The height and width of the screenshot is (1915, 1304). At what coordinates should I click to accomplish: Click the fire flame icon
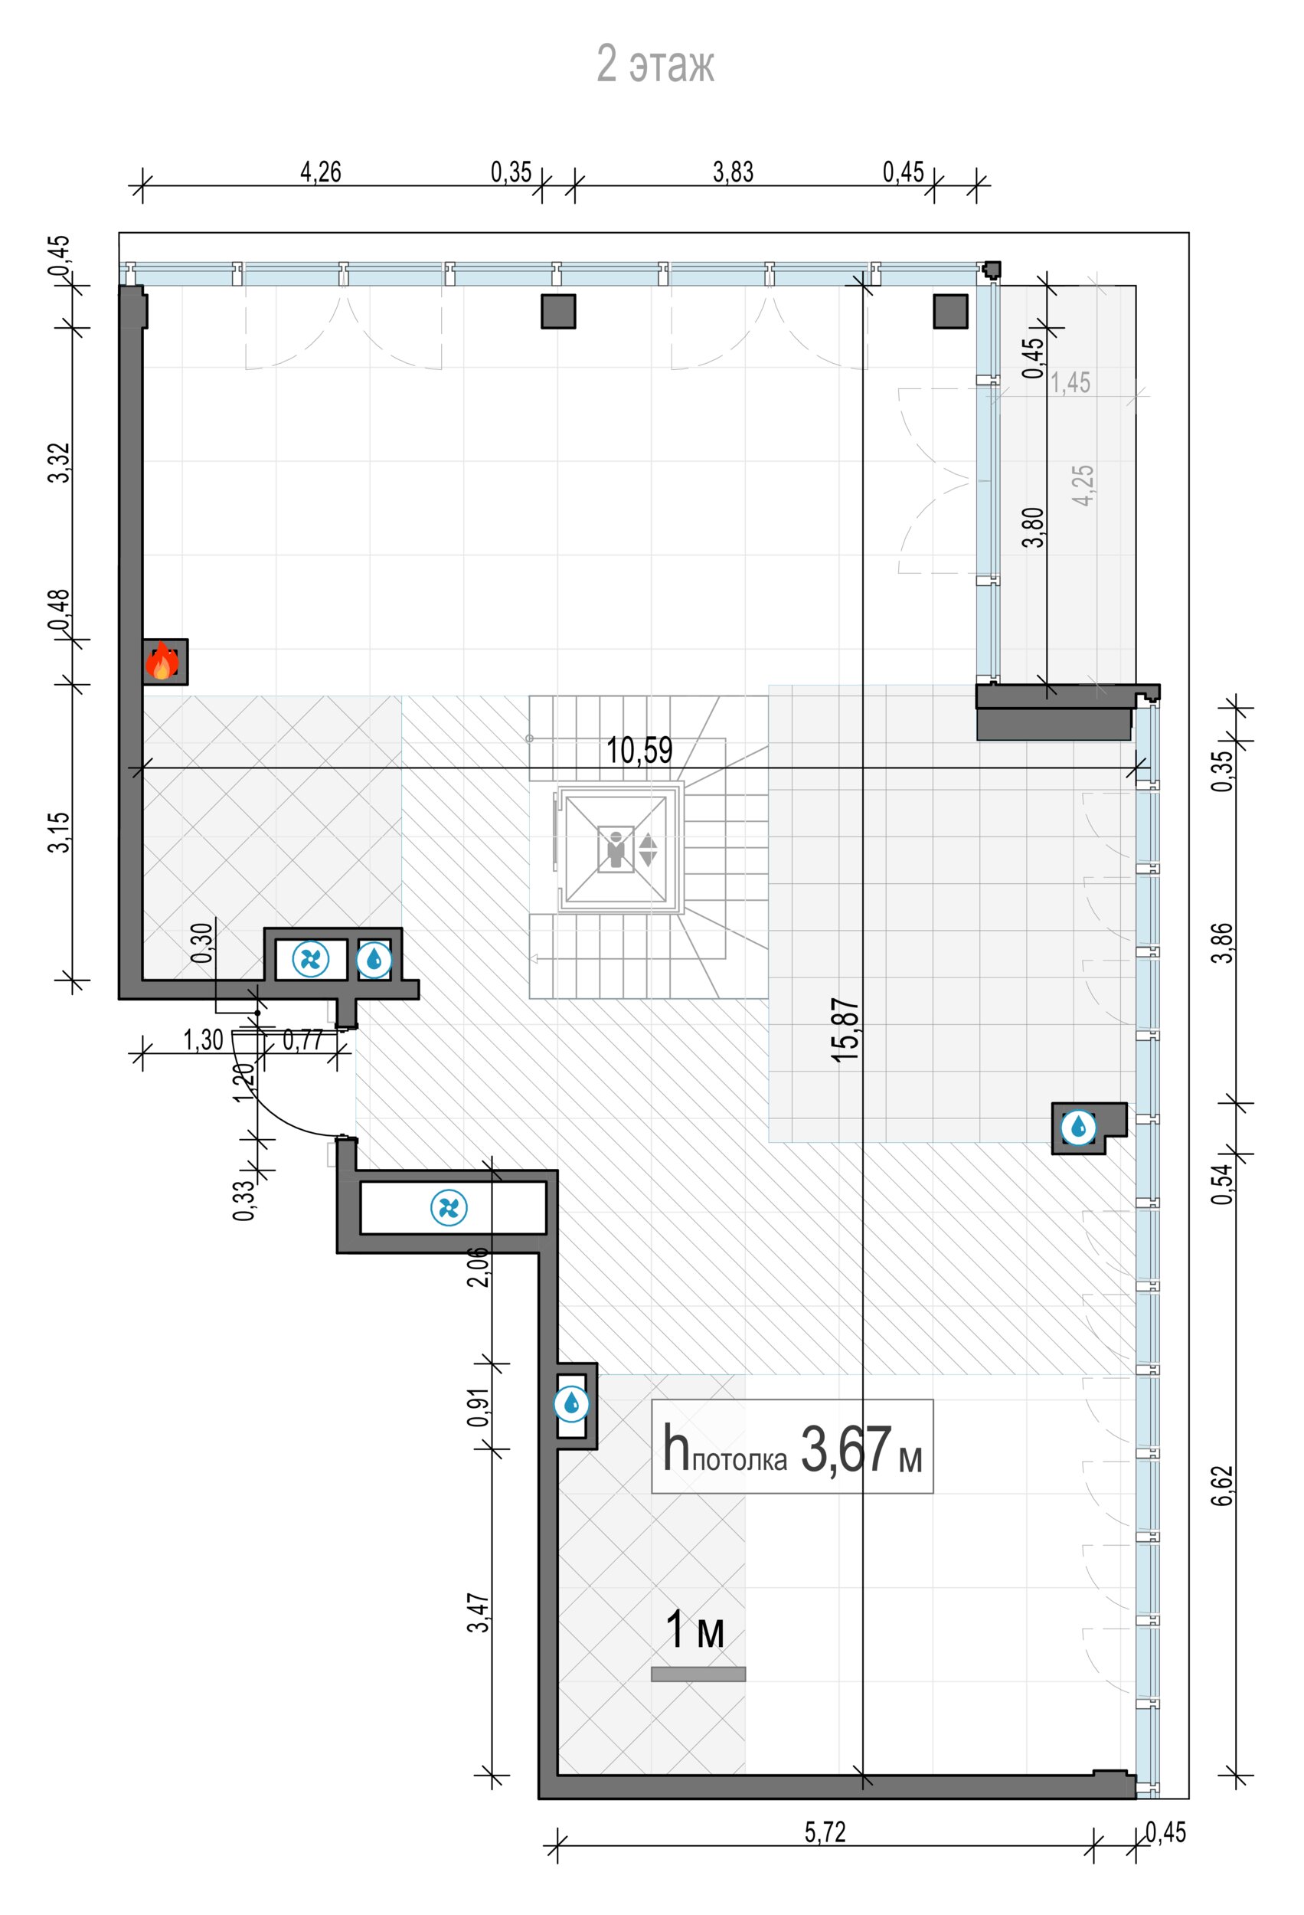[x=162, y=662]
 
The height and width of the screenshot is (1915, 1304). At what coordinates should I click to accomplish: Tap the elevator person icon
[x=616, y=849]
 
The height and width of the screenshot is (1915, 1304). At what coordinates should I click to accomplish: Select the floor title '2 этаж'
[x=655, y=64]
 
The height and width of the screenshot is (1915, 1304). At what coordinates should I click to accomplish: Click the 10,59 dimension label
[x=639, y=750]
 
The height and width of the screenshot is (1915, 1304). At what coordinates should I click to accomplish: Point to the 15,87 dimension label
[x=845, y=1030]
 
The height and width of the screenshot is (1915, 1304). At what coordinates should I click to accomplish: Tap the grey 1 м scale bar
[x=698, y=1674]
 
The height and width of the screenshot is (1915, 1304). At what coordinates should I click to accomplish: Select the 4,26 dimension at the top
[x=320, y=172]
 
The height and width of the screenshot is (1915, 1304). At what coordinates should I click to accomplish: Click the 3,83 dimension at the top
[x=733, y=172]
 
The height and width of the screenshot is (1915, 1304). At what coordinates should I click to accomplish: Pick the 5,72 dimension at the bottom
[x=825, y=1832]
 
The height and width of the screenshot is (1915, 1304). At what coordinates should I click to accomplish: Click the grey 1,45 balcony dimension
[x=1070, y=382]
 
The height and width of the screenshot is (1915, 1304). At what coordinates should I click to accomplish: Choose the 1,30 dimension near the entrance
[x=204, y=1040]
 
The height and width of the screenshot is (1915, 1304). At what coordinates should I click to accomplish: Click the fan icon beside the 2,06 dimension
[x=449, y=1208]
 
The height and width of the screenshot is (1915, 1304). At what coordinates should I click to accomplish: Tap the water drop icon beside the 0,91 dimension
[x=572, y=1403]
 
